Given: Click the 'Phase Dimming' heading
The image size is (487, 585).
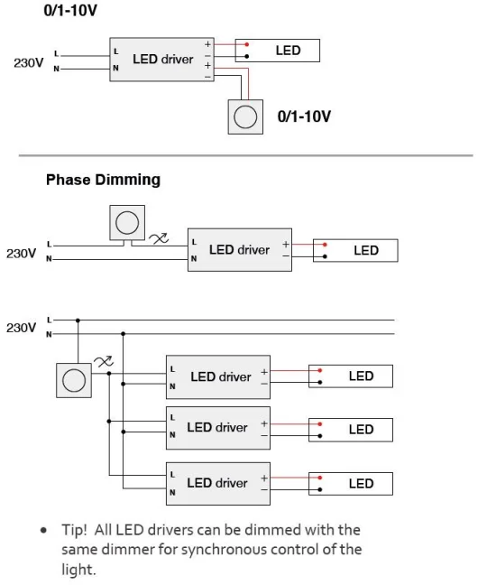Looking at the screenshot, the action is [x=103, y=180].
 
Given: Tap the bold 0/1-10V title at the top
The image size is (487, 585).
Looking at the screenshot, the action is [x=70, y=10].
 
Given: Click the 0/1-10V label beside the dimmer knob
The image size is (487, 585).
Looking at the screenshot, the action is [x=304, y=116].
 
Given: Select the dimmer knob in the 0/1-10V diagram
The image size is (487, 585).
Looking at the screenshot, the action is [x=245, y=116].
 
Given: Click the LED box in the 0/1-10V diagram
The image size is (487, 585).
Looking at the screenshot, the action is [x=277, y=51].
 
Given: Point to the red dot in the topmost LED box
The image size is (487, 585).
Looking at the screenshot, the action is [x=247, y=45].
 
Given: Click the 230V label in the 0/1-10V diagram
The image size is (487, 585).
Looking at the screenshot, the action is [x=28, y=62].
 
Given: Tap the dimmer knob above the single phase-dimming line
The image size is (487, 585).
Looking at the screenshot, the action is [x=127, y=223].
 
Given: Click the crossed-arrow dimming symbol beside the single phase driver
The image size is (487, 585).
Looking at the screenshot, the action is [x=159, y=238].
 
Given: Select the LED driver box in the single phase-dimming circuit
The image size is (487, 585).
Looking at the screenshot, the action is [x=240, y=249].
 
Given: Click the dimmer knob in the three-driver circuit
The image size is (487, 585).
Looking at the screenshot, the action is [x=74, y=380].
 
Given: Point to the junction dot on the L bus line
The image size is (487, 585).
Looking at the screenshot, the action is [x=78, y=320].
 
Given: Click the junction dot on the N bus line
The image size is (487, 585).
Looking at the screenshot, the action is [x=123, y=334].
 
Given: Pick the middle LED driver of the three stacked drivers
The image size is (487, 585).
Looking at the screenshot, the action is [x=218, y=428].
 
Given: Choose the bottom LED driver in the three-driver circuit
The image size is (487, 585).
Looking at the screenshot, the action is [x=218, y=484].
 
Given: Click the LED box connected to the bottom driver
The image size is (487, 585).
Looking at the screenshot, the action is [x=351, y=484].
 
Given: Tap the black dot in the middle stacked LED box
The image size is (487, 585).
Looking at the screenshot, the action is [x=319, y=436].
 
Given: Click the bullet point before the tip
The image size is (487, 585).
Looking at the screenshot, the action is [x=43, y=530].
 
